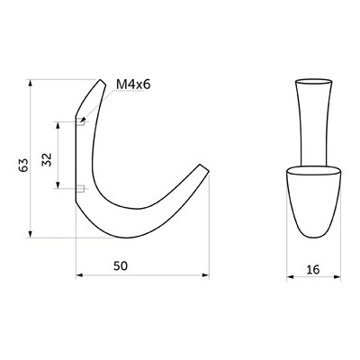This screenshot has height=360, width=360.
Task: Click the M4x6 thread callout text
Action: click(x=133, y=85)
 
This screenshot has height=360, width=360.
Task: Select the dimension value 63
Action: click(x=23, y=165)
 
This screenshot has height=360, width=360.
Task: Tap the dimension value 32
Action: click(x=47, y=159)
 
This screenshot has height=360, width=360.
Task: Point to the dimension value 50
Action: click(x=121, y=265)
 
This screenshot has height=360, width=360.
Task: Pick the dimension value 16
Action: click(x=313, y=270)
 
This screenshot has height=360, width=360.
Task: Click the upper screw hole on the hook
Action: click(x=80, y=122)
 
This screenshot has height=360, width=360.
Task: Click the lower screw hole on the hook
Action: click(x=80, y=189)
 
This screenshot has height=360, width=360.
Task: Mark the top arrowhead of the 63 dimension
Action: click(x=30, y=83)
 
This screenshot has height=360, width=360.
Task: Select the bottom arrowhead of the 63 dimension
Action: click(x=30, y=234)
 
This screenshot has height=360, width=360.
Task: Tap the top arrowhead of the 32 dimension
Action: click(x=58, y=125)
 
